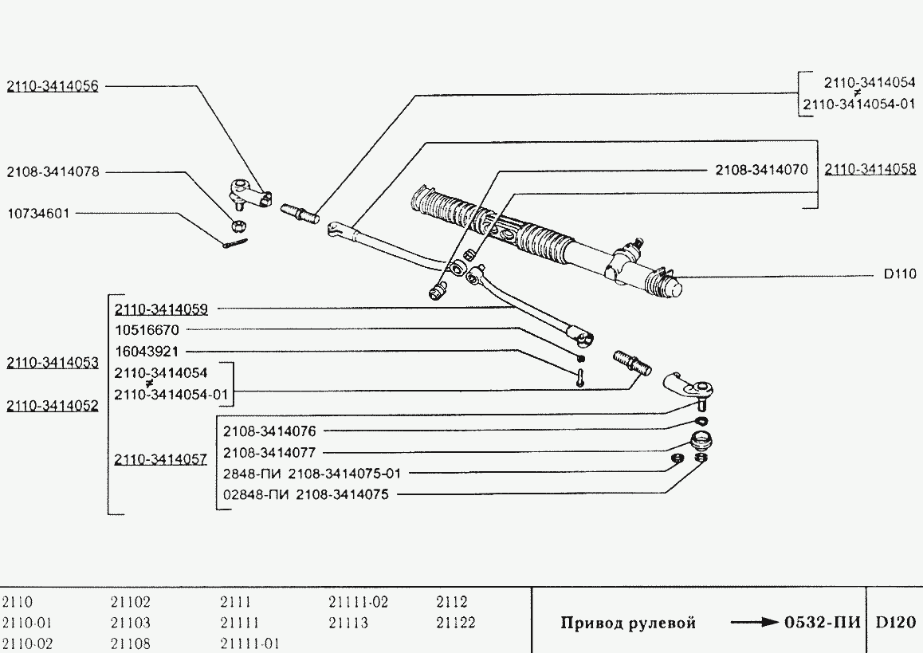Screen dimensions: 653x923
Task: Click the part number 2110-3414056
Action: [x=53, y=86]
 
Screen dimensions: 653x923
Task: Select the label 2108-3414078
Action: [x=53, y=171]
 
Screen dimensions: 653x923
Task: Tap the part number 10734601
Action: [x=38, y=214]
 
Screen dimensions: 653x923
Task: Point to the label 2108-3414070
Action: [x=761, y=170]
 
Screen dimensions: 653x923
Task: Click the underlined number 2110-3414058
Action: [x=870, y=170]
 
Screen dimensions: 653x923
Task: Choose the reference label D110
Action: [x=899, y=274]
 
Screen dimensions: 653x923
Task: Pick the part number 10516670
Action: [x=147, y=329]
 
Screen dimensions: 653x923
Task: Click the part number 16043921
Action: [x=147, y=351]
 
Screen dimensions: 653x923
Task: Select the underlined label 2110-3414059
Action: [x=161, y=308]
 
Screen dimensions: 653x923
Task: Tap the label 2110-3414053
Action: [x=53, y=364]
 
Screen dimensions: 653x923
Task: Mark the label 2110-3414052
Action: [x=53, y=405]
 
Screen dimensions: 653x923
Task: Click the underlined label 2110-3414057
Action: [x=161, y=459]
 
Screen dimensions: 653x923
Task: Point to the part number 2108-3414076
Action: [x=269, y=431]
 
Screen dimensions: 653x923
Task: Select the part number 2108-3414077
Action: [x=269, y=452]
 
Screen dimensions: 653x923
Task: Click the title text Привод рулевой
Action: [x=628, y=623]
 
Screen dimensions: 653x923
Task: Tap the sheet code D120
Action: [x=895, y=623]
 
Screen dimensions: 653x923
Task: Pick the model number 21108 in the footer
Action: [x=131, y=643]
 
